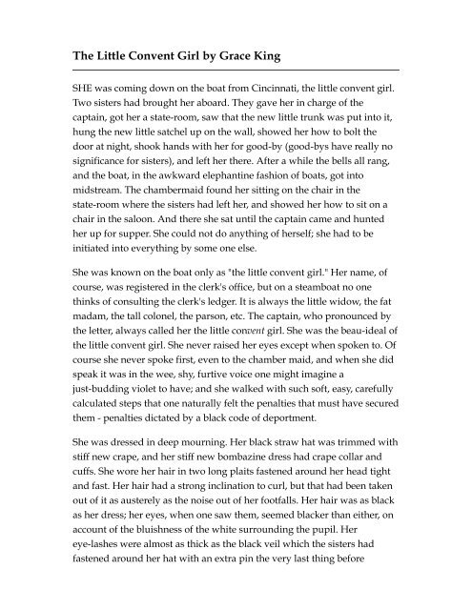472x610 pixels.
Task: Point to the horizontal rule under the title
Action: point(236,70)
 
